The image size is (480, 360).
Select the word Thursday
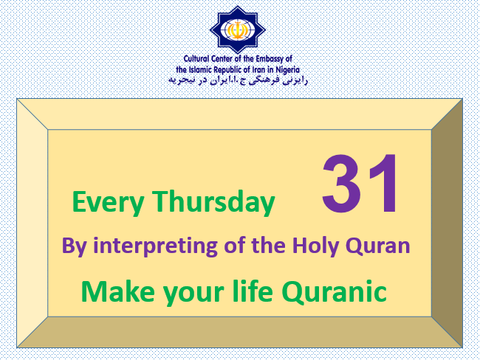coord(213,201)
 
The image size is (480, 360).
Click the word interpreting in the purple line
coord(155,246)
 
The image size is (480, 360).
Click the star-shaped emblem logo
coord(238,30)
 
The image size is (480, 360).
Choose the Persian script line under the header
coord(238,80)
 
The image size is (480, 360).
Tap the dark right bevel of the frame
coord(447,223)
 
